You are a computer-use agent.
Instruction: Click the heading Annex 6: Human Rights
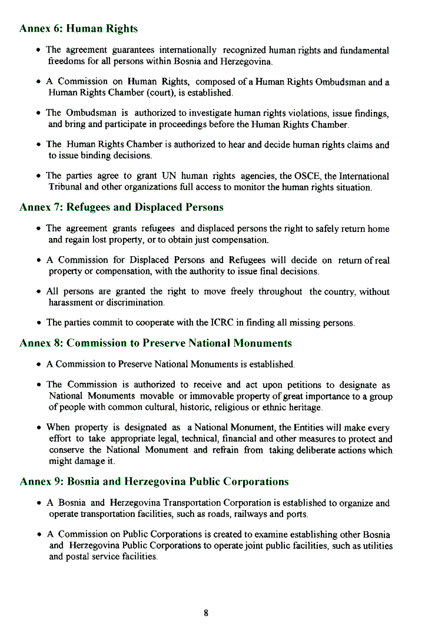tap(78, 28)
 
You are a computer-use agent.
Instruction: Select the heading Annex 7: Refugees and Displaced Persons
tap(121, 207)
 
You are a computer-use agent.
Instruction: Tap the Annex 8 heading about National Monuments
tap(155, 343)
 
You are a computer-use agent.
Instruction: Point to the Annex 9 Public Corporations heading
tap(154, 481)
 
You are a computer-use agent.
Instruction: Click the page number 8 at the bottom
tap(206, 613)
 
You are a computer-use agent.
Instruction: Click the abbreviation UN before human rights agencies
tap(169, 176)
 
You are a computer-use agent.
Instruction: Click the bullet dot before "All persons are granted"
tap(38, 291)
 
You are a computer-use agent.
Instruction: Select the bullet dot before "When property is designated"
tap(38, 427)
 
